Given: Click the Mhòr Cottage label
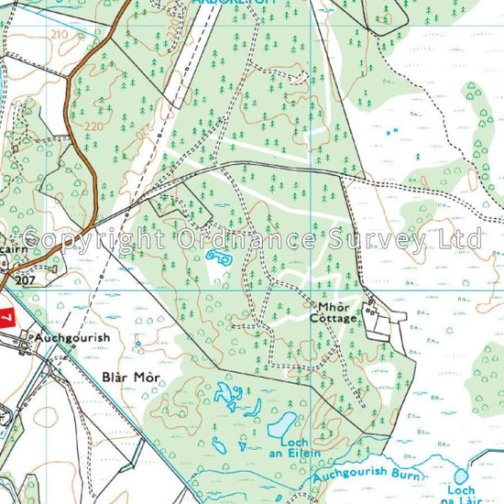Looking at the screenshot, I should pyautogui.click(x=336, y=312).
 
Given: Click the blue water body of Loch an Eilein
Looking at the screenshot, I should pyautogui.click(x=282, y=423).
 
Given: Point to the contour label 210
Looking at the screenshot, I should pyautogui.click(x=60, y=34).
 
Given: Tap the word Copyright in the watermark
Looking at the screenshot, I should pyautogui.click(x=92, y=240).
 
